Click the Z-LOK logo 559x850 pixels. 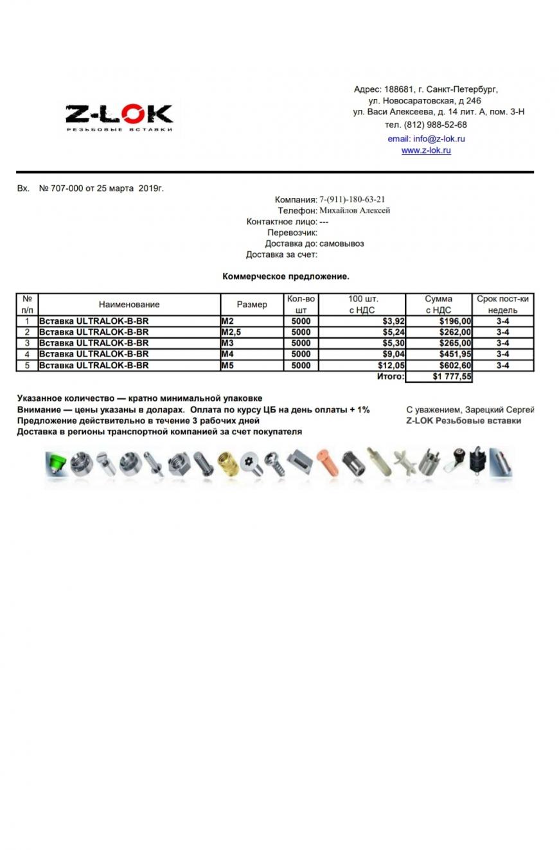(119, 118)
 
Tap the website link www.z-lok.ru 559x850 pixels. (426, 150)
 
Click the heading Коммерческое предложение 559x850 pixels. (286, 276)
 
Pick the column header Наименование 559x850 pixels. (129, 305)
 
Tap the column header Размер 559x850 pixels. (252, 305)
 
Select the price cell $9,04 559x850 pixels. (392, 354)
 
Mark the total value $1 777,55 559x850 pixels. (452, 376)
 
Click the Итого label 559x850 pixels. (390, 376)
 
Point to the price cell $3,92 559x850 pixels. (392, 321)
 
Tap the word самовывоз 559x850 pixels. (342, 243)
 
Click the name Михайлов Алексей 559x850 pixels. (355, 210)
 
